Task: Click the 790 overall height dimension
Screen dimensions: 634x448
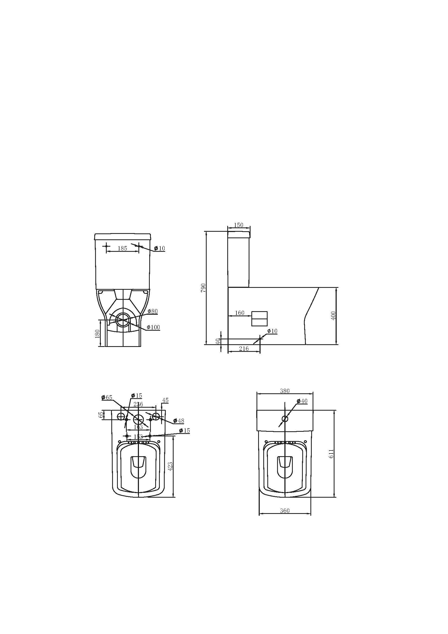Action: (203, 288)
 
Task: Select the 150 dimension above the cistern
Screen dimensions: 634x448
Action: (238, 225)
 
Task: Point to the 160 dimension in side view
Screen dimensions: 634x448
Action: (239, 313)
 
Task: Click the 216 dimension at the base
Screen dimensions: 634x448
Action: (244, 349)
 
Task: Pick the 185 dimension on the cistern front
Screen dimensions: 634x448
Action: (122, 248)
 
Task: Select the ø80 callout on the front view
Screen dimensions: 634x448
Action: (152, 311)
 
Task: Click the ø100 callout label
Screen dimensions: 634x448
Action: (153, 327)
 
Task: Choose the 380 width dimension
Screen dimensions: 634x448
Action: (285, 391)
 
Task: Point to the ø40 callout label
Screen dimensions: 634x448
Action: (302, 401)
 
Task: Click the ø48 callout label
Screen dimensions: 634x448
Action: (179, 421)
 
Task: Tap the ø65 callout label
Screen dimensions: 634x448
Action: (107, 397)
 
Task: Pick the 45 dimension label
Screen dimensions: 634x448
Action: (165, 400)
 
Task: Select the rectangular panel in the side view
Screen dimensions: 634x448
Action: (259, 318)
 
